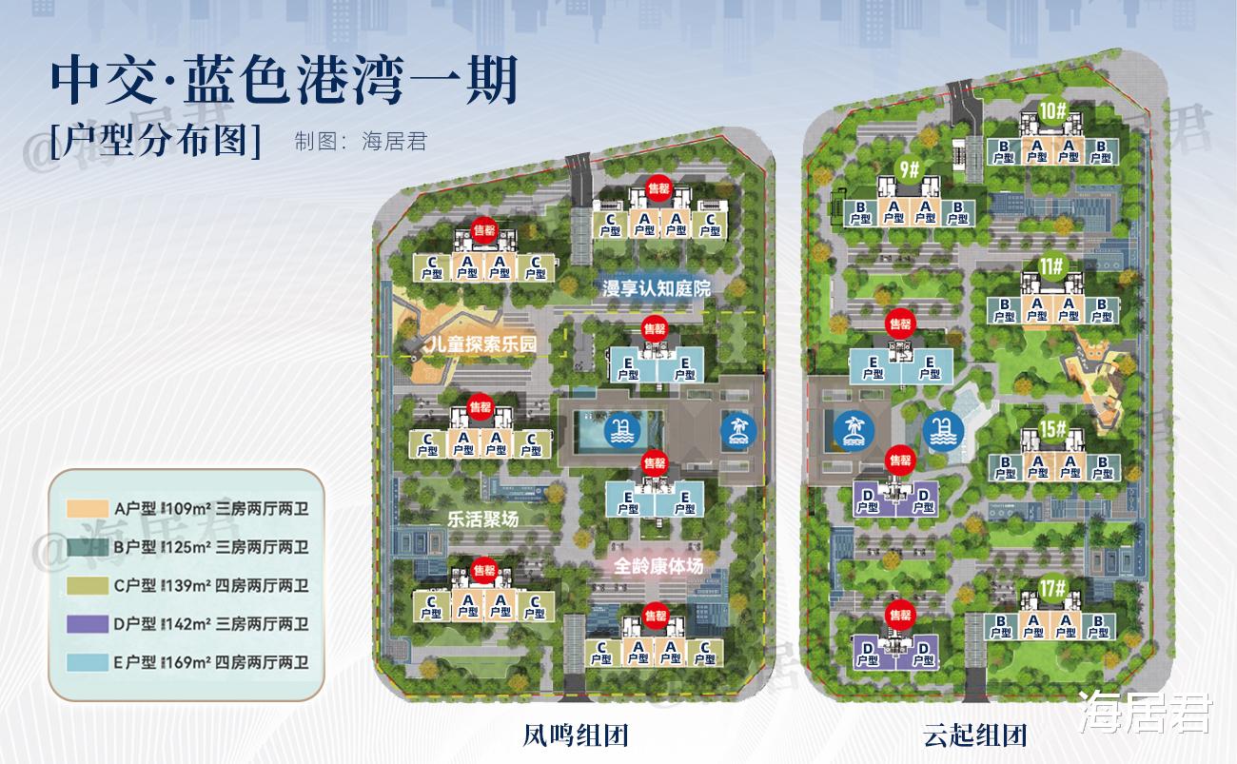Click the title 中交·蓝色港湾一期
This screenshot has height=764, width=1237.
[284, 82]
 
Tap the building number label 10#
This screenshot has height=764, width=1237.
[1051, 110]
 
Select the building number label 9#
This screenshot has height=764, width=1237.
[909, 170]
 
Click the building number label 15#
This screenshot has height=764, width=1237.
[1052, 429]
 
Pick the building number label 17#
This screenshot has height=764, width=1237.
[1052, 588]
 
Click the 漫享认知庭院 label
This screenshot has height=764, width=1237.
[657, 288]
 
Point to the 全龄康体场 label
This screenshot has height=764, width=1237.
[658, 567]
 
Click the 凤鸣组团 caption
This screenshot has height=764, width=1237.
[576, 735]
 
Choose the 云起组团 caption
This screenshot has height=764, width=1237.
[973, 735]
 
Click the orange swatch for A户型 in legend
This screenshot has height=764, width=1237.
[87, 510]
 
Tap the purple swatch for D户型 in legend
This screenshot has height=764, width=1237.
[87, 624]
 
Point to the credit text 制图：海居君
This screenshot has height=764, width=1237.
[361, 143]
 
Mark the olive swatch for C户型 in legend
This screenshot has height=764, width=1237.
[87, 586]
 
